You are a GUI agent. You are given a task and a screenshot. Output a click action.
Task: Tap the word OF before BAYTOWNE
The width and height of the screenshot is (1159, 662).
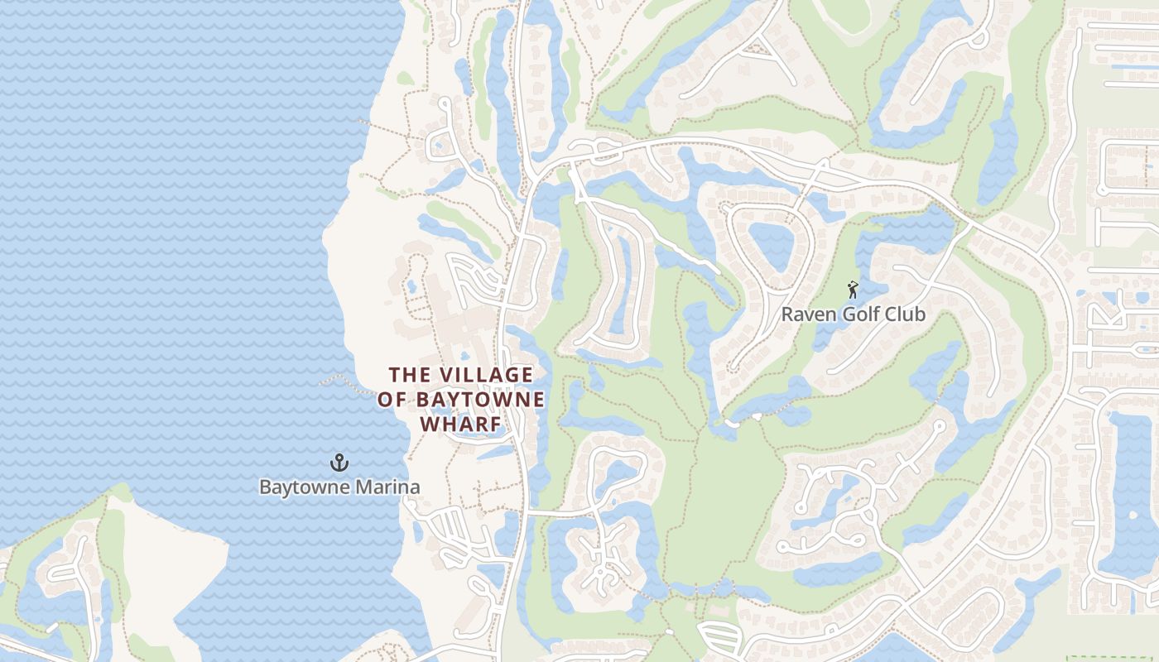point(392,400)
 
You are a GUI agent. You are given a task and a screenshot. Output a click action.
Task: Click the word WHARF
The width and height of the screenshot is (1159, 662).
point(461,425)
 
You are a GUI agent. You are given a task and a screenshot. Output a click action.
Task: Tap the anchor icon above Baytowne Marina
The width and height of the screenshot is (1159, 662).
point(338,462)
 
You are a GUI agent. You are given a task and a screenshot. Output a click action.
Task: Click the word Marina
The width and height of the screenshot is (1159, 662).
point(387,487)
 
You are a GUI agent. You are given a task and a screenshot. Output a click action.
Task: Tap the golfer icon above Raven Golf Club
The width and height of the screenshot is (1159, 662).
point(853,290)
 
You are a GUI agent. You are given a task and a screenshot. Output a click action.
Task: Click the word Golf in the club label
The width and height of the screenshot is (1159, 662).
point(859,314)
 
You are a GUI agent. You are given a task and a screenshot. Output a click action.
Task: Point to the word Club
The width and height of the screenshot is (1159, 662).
point(905,314)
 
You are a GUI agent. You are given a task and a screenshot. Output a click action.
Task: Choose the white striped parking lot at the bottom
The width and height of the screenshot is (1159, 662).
point(720,638)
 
